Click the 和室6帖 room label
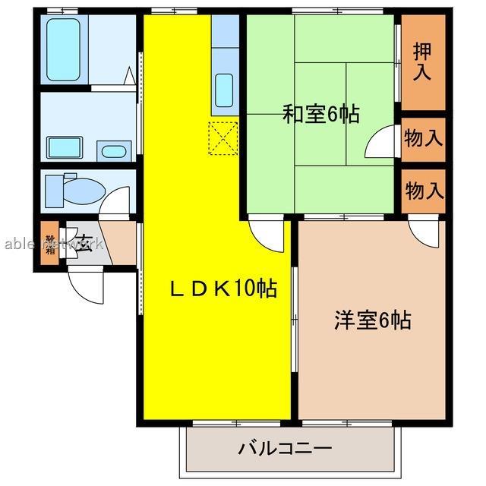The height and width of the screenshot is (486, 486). [320, 115]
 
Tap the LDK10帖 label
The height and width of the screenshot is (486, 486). [222, 289]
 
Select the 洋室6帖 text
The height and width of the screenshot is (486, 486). [373, 320]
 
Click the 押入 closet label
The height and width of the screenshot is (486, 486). [423, 62]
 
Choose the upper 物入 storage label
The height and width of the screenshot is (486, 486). [423, 140]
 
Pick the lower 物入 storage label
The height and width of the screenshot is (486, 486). [423, 189]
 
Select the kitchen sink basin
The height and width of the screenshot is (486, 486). [224, 90]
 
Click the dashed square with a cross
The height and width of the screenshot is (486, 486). [223, 137]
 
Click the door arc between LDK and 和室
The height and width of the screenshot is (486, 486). [267, 235]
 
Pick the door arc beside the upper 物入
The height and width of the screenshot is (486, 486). [380, 144]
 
